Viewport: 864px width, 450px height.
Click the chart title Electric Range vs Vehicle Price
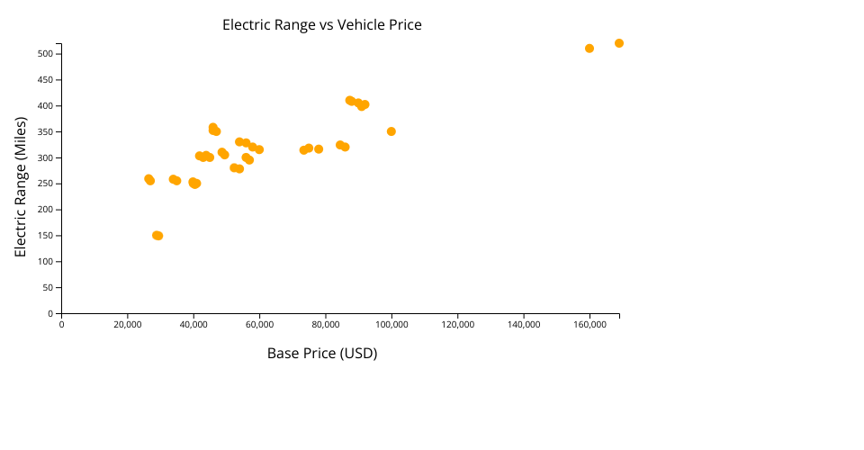322,25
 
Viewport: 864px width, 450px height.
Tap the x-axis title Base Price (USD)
322,354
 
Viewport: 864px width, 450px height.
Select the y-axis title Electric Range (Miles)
21,187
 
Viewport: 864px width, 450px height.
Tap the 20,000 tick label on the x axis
128,324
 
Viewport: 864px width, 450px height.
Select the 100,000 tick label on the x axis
391,324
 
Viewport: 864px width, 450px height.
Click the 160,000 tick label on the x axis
589,324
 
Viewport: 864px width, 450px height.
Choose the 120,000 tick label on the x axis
458,324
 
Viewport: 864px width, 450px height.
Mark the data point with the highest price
619,43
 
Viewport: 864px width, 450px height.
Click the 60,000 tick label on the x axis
259,324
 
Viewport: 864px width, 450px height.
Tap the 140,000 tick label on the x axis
524,324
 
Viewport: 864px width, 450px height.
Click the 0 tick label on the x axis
61,324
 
